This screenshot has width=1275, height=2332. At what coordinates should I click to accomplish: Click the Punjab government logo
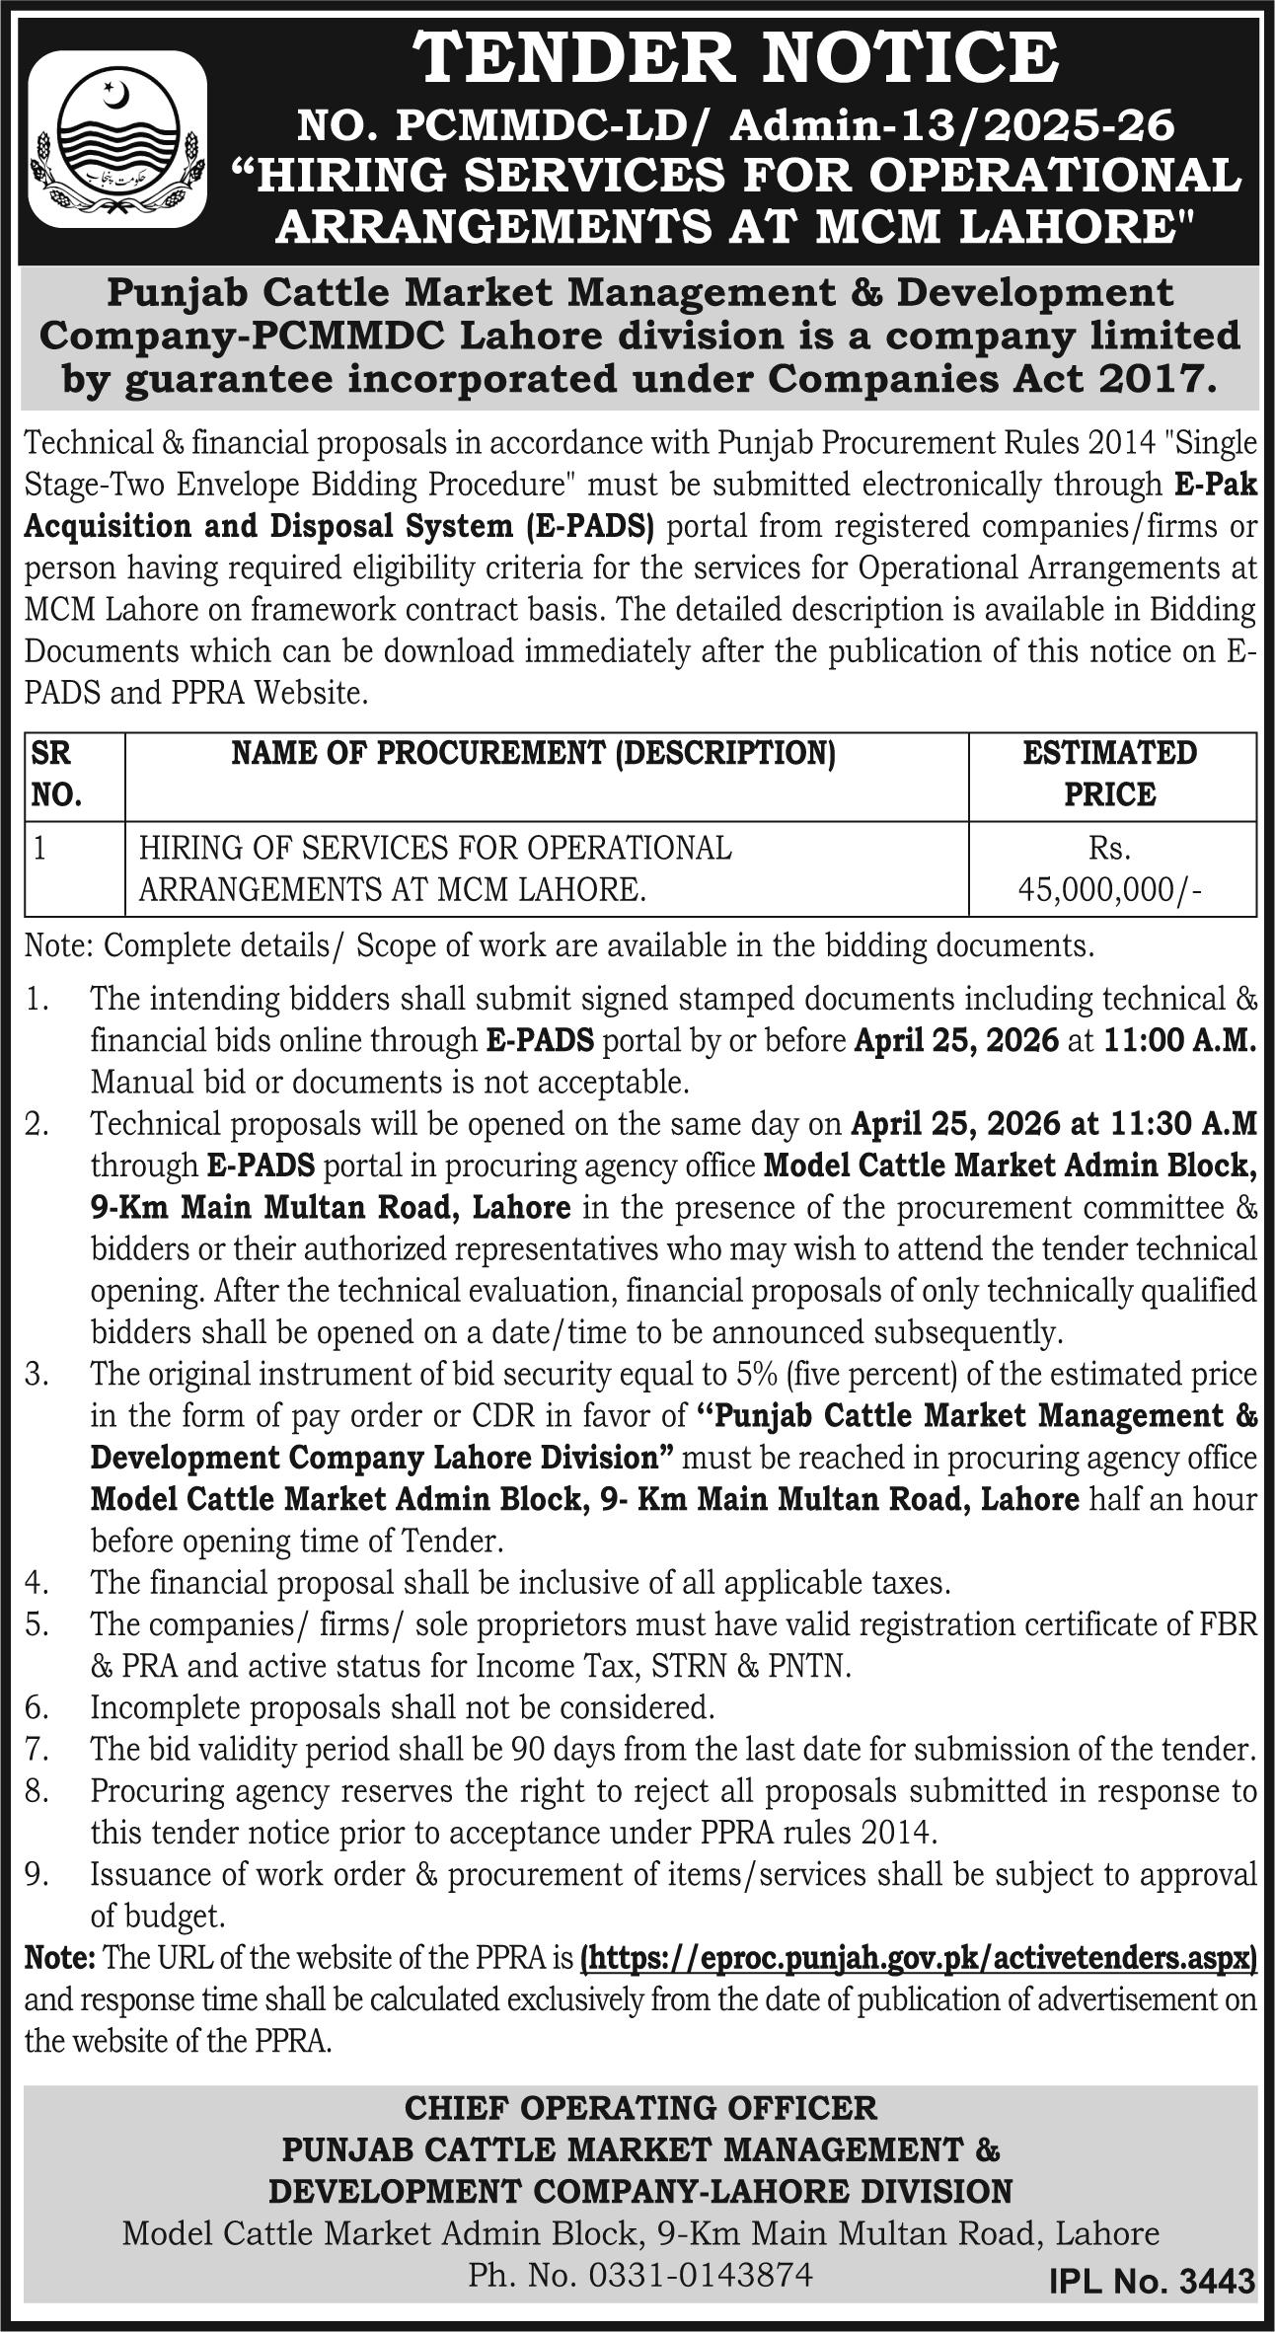coord(117,139)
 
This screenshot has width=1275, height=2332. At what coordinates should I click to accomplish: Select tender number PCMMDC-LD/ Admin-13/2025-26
coord(735,126)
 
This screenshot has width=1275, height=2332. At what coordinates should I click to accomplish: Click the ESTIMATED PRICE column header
coord(1110,775)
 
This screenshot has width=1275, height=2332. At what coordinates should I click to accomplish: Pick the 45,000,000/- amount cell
coord(1110,890)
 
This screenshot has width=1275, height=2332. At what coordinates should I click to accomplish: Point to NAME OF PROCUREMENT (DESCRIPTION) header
coord(533,755)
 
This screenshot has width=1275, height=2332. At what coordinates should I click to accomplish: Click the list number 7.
coord(37,1750)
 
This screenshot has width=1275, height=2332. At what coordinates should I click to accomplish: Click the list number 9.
coord(37,1874)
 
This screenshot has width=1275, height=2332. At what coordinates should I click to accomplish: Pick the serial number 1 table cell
coord(39,849)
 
